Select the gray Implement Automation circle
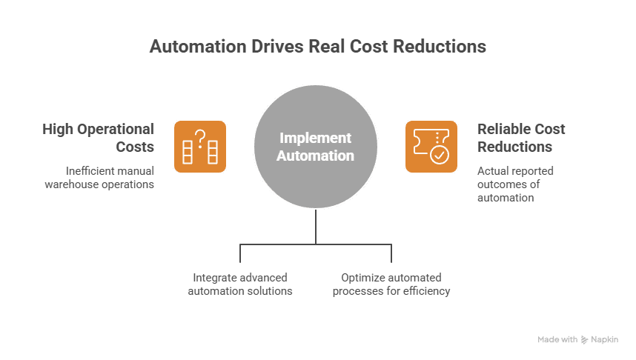click(x=317, y=147)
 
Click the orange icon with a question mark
click(x=200, y=147)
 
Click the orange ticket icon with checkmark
click(x=432, y=147)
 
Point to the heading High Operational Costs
click(x=99, y=138)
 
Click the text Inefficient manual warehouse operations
click(x=100, y=178)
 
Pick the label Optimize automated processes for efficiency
click(x=391, y=284)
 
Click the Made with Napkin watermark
click(x=577, y=339)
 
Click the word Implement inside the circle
click(x=317, y=139)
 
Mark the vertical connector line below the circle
click(x=317, y=226)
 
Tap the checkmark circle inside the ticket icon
click(x=439, y=154)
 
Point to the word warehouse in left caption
click(x=73, y=184)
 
